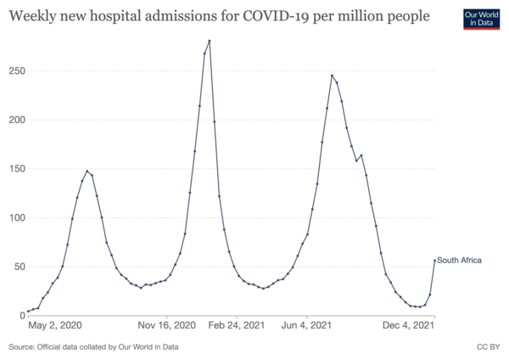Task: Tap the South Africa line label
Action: click(x=459, y=261)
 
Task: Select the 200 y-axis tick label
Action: click(x=14, y=120)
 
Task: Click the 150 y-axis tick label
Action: click(x=14, y=169)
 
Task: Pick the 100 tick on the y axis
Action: click(x=14, y=217)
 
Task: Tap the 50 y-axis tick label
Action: click(x=17, y=267)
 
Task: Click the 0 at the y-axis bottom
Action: click(x=20, y=315)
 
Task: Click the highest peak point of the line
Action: click(x=210, y=41)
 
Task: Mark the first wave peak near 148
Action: click(x=87, y=171)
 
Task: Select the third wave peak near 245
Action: click(x=332, y=76)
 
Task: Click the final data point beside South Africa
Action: click(x=434, y=261)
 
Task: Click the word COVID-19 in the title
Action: click(x=282, y=17)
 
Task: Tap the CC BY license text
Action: click(x=489, y=346)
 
